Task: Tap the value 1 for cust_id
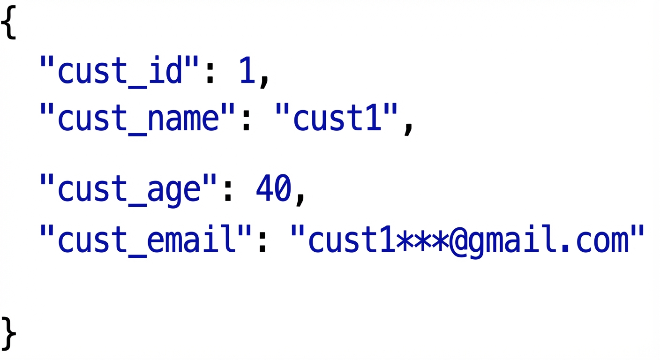247,70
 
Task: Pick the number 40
273,189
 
